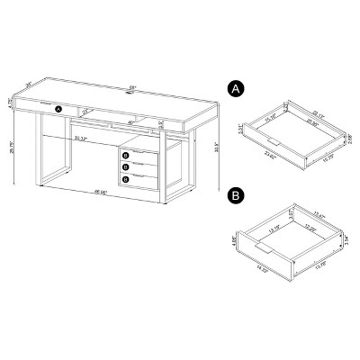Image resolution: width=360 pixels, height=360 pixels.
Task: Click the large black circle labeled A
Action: click(x=235, y=89)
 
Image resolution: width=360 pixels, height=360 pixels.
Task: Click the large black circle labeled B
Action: click(x=235, y=193)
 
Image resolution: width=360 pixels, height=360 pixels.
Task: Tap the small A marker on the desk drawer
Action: click(x=59, y=110)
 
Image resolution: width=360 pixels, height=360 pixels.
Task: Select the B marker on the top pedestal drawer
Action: click(x=127, y=154)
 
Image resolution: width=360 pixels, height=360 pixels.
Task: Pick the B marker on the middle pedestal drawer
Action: click(x=127, y=166)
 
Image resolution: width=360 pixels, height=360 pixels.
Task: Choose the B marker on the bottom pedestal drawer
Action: click(x=127, y=179)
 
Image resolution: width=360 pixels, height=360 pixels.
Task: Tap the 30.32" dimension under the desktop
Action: click(x=82, y=139)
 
